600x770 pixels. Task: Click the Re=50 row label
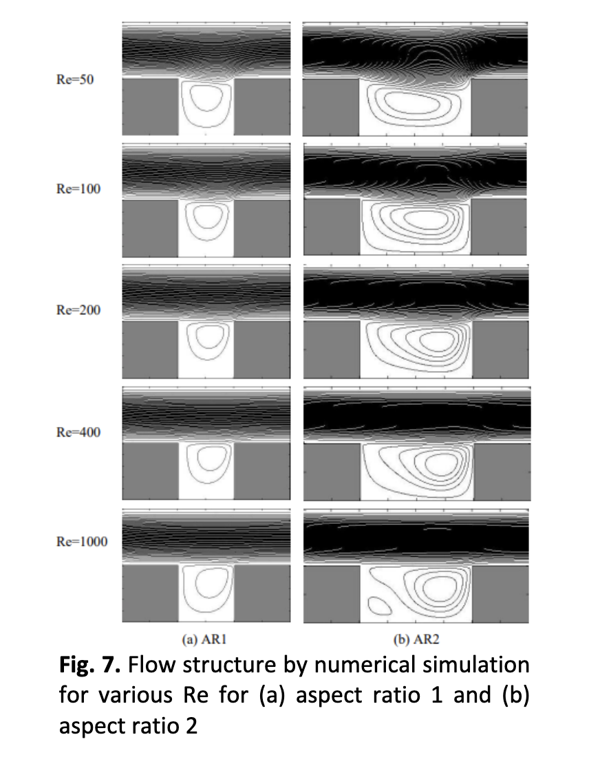click(x=75, y=80)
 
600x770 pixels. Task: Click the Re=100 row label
click(x=78, y=188)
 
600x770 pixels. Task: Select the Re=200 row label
click(x=78, y=310)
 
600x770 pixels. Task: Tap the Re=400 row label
click(x=78, y=432)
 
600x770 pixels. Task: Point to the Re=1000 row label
click(x=82, y=542)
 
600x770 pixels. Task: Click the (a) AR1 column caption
click(x=204, y=639)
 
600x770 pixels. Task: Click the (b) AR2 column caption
click(x=416, y=639)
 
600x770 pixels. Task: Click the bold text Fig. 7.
click(x=90, y=665)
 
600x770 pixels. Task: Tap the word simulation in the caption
click(x=476, y=665)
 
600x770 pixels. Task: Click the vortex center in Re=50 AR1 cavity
click(x=204, y=97)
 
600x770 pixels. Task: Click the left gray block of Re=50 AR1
click(x=150, y=107)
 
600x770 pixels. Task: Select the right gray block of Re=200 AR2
click(x=500, y=350)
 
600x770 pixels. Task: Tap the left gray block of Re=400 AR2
click(x=332, y=472)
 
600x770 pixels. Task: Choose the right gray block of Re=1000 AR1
click(x=262, y=593)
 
